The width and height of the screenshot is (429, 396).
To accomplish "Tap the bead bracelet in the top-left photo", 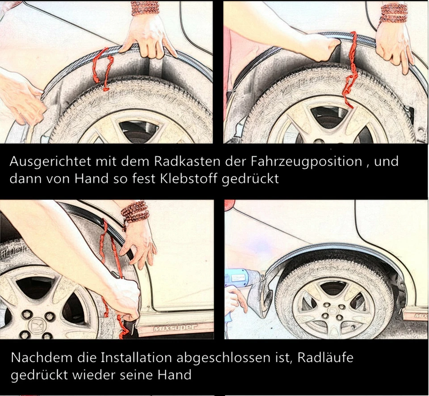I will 145,8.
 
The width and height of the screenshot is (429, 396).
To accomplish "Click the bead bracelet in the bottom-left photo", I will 135,211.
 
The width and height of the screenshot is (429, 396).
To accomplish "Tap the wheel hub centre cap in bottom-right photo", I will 333,309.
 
